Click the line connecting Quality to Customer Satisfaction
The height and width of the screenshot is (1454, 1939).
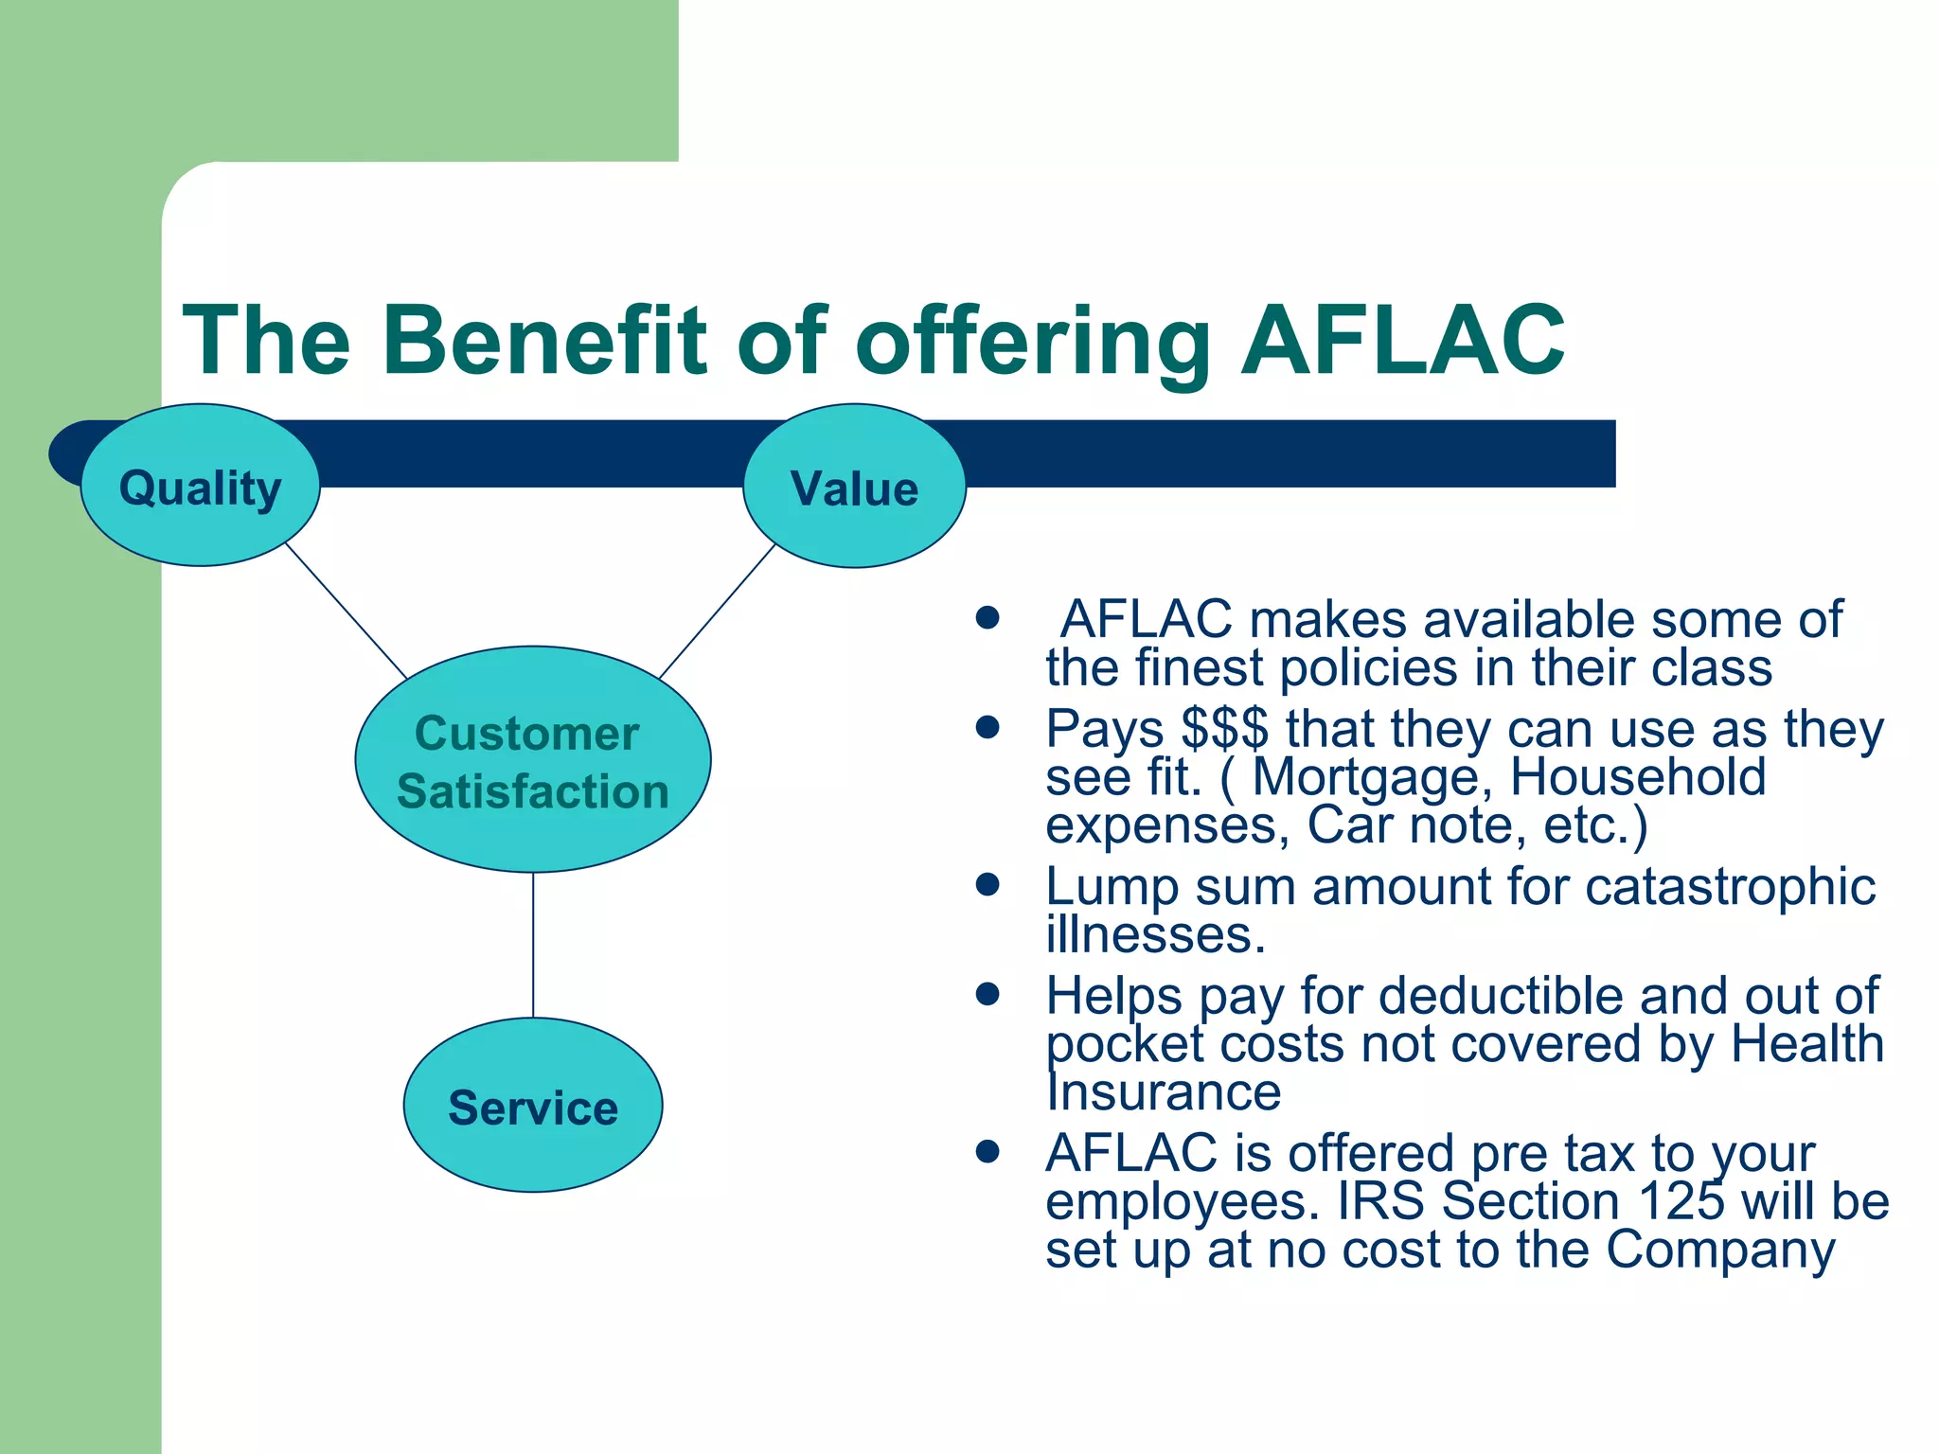click(346, 611)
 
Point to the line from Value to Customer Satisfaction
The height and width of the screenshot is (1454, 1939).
click(717, 612)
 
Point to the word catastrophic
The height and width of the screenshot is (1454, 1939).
click(1730, 888)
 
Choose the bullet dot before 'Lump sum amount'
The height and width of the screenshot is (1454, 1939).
click(987, 885)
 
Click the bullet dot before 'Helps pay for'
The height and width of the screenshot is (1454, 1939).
click(987, 994)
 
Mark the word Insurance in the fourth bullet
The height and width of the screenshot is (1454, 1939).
click(1163, 1092)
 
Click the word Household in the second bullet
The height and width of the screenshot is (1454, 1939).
click(1637, 778)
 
